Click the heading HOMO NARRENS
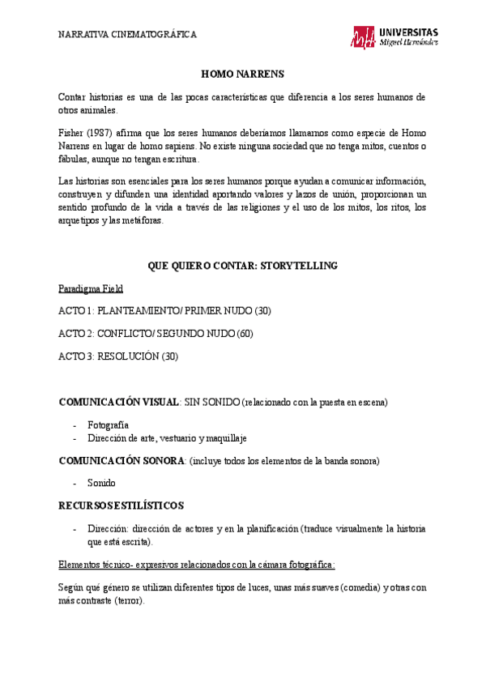(x=242, y=74)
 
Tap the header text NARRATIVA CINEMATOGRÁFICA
(x=128, y=35)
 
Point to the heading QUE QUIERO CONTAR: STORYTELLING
(x=242, y=266)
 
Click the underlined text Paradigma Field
(x=91, y=289)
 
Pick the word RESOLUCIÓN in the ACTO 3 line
(x=128, y=356)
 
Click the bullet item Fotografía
(x=109, y=425)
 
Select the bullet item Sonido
(x=101, y=484)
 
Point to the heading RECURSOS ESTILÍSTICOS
(x=122, y=506)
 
